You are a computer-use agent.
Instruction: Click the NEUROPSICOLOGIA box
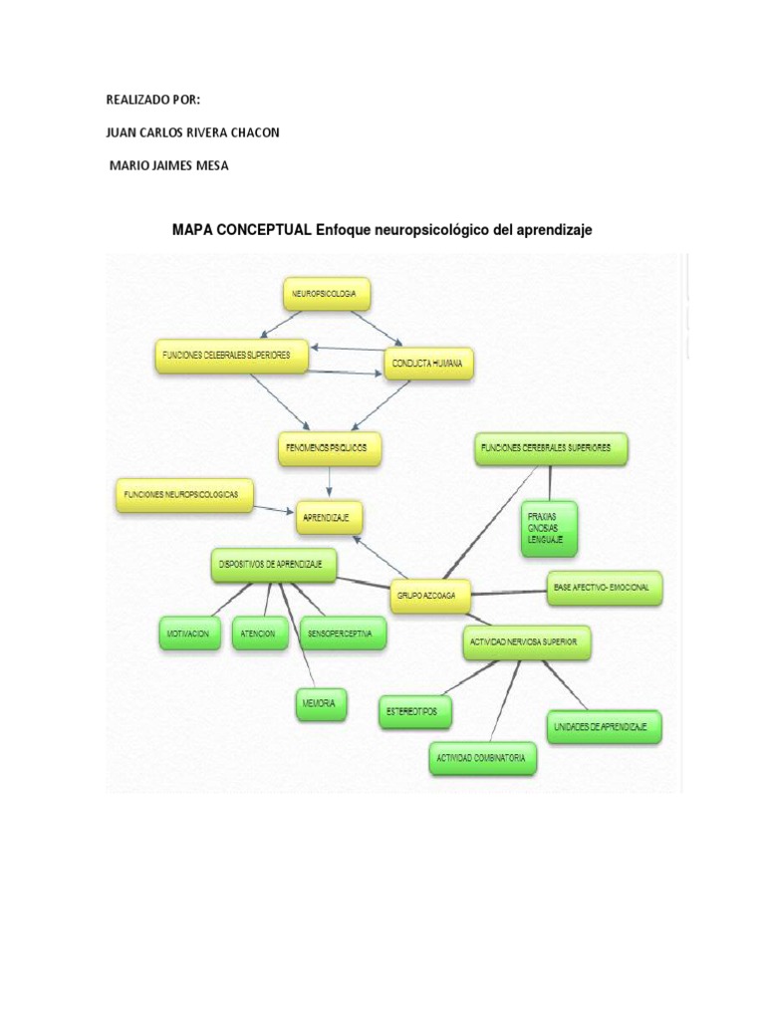pyautogui.click(x=326, y=294)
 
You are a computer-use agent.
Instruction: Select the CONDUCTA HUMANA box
pyautogui.click(x=428, y=365)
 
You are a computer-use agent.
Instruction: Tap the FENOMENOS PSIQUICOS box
pyautogui.click(x=328, y=449)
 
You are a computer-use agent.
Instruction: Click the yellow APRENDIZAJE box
pyautogui.click(x=329, y=518)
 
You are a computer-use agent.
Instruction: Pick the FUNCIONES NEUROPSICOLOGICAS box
pyautogui.click(x=184, y=495)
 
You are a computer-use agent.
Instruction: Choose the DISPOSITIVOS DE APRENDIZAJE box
pyautogui.click(x=273, y=565)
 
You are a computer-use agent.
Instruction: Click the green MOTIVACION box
pyautogui.click(x=189, y=633)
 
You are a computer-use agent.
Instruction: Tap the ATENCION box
pyautogui.click(x=261, y=633)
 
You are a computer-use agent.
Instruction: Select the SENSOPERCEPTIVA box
pyautogui.click(x=342, y=633)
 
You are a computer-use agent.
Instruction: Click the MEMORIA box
pyautogui.click(x=321, y=704)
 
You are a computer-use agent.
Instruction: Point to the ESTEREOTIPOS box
pyautogui.click(x=415, y=712)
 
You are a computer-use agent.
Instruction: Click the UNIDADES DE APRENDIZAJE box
pyautogui.click(x=601, y=727)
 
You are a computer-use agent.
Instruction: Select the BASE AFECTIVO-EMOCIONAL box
pyautogui.click(x=603, y=588)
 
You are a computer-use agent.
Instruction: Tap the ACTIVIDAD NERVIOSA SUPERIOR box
pyautogui.click(x=527, y=642)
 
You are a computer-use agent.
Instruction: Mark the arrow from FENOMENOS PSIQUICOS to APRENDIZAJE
pyautogui.click(x=329, y=483)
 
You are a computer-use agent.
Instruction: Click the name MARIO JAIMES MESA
pyautogui.click(x=168, y=165)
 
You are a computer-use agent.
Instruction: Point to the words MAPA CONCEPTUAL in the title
pyautogui.click(x=242, y=230)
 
